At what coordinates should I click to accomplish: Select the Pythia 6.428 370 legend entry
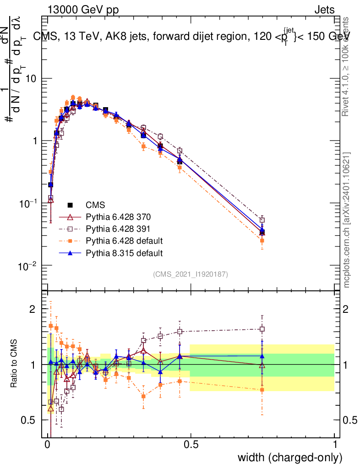pos(118,217)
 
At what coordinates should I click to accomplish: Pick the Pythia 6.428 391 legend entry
pos(118,229)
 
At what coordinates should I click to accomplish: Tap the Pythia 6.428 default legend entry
pos(124,240)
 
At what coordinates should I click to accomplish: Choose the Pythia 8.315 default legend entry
pos(124,252)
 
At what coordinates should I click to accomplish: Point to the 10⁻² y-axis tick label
pos(27,266)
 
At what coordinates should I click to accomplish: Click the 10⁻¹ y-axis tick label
pos(27,204)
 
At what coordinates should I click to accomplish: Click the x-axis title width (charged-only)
pos(289,458)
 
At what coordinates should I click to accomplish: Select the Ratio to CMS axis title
pos(15,364)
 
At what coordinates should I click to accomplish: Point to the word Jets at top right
pos(324,10)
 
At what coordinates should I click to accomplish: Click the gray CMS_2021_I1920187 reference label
pos(191,274)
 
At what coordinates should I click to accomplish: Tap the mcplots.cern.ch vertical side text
pos(347,220)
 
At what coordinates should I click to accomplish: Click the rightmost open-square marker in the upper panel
pos(262,220)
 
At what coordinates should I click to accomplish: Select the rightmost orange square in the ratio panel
pos(262,390)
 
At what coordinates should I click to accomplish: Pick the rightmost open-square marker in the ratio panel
pos(262,329)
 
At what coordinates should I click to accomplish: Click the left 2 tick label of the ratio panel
pos(33,309)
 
